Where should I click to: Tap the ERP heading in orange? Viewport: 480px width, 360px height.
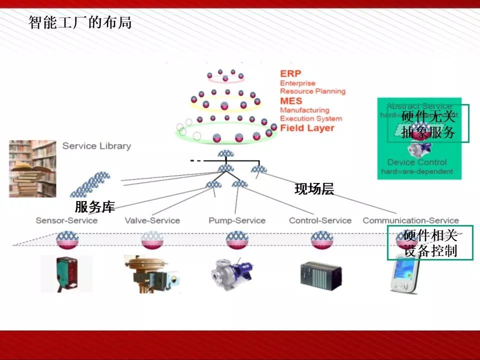coord(290,73)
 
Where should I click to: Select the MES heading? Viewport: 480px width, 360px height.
coord(291,101)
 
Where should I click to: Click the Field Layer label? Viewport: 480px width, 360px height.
coord(307,128)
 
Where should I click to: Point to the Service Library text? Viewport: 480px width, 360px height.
coord(96,146)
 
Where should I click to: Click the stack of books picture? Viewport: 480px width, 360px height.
coord(32,168)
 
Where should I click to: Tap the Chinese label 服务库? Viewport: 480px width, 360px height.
coord(94,207)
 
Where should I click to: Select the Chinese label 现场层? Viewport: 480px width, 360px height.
coord(314,189)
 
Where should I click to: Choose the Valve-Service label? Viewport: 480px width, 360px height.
coord(152,220)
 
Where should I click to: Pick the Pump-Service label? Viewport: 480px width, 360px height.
coord(237,220)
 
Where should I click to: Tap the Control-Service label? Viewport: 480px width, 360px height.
coord(320,220)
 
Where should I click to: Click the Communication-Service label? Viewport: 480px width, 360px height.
coord(410,220)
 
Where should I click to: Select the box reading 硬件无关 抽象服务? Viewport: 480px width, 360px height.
coord(428,123)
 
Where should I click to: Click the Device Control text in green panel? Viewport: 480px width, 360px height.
coord(417,162)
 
